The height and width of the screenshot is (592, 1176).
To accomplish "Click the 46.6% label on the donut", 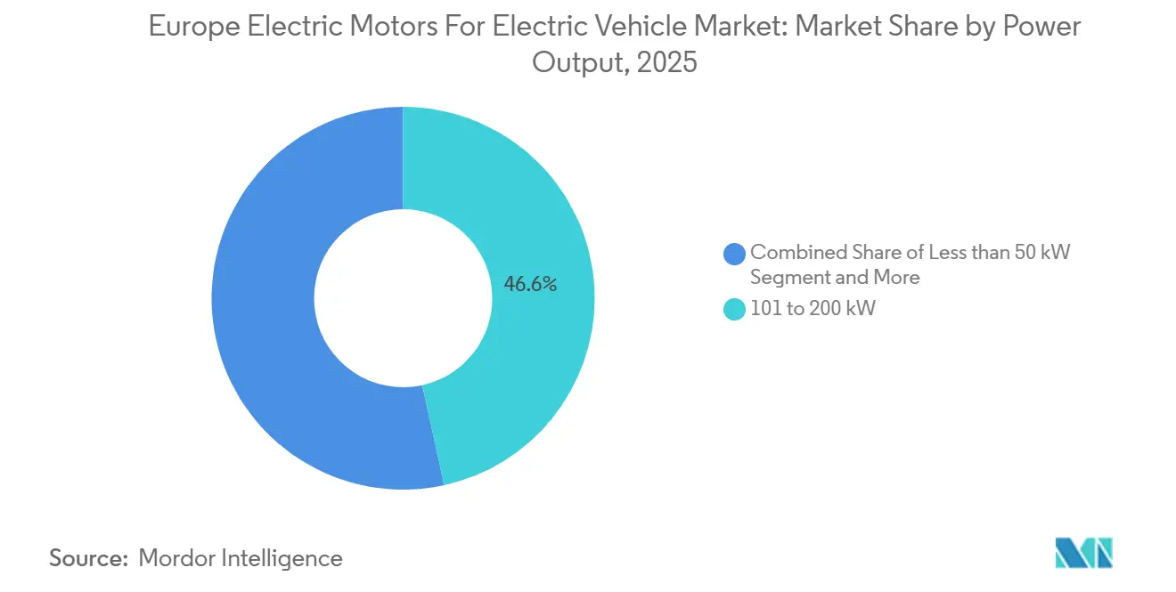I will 530,285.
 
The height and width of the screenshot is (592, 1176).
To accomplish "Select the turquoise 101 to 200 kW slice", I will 543,356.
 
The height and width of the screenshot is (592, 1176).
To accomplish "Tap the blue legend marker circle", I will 735,253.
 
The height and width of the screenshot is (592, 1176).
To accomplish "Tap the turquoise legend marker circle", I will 735,310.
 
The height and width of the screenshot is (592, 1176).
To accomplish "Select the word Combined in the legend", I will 792,252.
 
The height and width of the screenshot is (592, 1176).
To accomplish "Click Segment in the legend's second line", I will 785,278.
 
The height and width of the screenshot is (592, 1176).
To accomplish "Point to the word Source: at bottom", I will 89,558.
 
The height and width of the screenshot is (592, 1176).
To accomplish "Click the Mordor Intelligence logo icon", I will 1083,553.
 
